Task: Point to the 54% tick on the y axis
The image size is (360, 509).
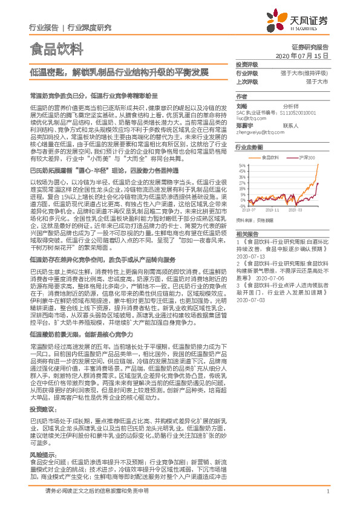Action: click(241, 164)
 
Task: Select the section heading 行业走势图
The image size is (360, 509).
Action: click(249, 147)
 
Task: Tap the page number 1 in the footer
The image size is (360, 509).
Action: click(327, 498)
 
